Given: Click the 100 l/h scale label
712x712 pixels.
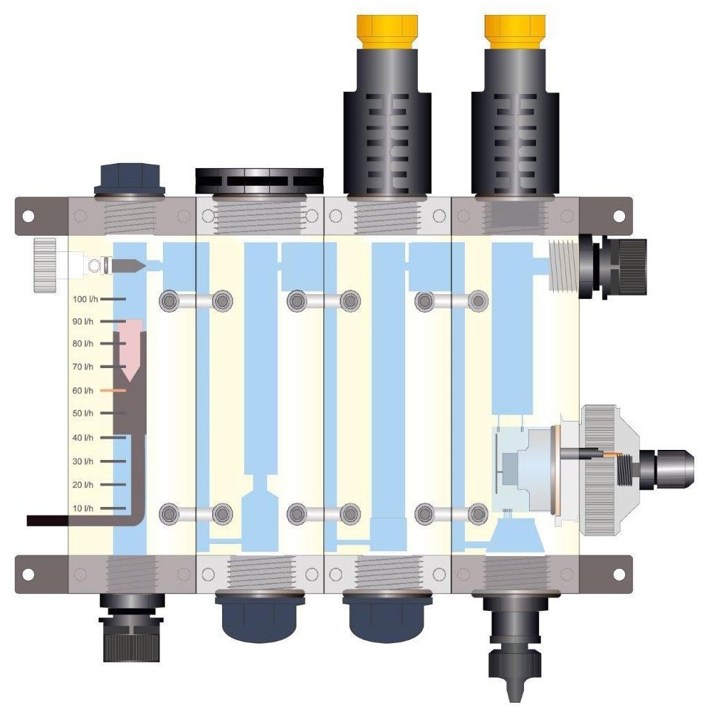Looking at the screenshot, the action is tap(85, 299).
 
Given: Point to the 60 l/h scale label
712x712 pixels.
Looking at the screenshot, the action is tap(83, 390).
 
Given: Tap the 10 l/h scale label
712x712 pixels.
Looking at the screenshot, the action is tap(83, 508).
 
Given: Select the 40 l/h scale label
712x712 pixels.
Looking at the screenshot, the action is tap(83, 438).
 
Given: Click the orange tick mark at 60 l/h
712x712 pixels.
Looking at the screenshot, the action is tap(113, 390).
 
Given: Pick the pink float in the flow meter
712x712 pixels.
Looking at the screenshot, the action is tap(130, 350).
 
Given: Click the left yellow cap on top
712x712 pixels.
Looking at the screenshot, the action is tap(387, 32).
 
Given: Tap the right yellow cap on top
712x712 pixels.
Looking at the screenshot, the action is tap(515, 32).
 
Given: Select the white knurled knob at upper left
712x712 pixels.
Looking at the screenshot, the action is tap(44, 265).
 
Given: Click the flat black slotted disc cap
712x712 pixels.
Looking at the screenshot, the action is tap(259, 180).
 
